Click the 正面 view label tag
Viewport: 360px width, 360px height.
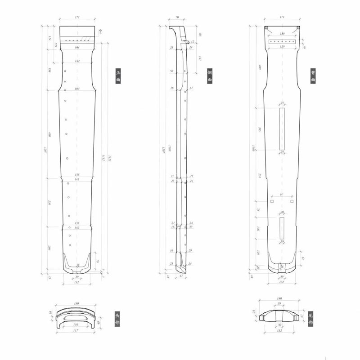(x=118, y=76)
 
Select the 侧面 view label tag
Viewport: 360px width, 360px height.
(x=210, y=76)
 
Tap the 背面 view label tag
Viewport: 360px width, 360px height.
(x=312, y=76)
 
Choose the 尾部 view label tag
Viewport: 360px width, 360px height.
(x=310, y=319)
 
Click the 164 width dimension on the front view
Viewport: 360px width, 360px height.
(x=77, y=47)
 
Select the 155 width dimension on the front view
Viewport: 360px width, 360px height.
(x=77, y=175)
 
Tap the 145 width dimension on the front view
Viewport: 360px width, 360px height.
(x=77, y=180)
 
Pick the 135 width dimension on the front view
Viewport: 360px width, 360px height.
(x=77, y=223)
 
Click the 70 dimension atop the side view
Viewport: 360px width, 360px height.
(x=177, y=17)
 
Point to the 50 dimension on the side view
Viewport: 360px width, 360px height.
(x=172, y=71)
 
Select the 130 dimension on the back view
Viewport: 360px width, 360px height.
(x=282, y=34)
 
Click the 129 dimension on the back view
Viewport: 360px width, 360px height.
(x=282, y=46)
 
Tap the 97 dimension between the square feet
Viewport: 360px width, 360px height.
(x=282, y=195)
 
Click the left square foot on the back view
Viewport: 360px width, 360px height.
(x=272, y=201)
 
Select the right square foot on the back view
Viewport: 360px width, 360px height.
(x=292, y=201)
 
